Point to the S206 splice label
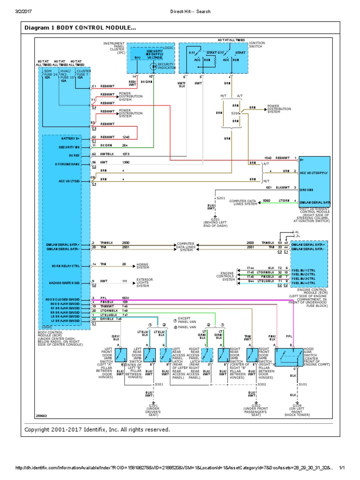(235, 113)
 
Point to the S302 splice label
(262, 384)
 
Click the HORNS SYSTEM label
(142, 266)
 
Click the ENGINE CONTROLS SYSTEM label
(225, 277)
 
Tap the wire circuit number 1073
(126, 154)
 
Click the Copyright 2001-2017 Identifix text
(97, 429)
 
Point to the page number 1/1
(342, 468)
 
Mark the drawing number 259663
(42, 416)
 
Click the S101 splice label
(302, 384)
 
